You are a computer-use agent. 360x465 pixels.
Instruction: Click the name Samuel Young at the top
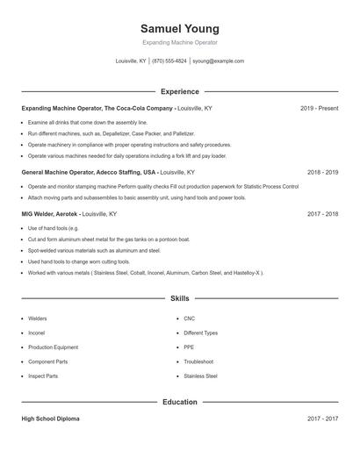pos(180,29)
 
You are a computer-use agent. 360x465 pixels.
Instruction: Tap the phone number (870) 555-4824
pos(169,61)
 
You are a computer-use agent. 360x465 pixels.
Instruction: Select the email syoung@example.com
pos(218,61)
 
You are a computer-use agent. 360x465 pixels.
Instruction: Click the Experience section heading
pos(180,91)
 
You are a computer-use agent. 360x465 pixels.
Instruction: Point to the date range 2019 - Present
pos(319,108)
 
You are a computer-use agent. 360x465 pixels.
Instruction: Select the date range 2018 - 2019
pos(322,173)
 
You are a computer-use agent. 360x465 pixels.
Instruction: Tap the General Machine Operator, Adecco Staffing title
pos(89,173)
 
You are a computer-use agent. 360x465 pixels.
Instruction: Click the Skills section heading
pos(180,299)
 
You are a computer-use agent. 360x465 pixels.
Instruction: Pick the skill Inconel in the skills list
pos(36,333)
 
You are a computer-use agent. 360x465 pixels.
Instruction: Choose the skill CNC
pos(189,318)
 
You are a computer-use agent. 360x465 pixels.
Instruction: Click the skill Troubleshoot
pos(198,361)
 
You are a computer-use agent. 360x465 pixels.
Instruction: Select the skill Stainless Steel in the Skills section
pos(200,376)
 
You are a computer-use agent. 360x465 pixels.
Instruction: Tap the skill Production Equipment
pos(52,347)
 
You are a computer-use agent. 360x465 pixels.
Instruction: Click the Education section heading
pos(180,402)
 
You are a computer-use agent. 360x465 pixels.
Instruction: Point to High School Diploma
pos(50,419)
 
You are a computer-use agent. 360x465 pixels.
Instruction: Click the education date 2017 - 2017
pos(322,419)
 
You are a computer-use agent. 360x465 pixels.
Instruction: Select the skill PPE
pos(189,347)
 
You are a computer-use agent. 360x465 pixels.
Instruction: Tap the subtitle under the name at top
pos(180,42)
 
